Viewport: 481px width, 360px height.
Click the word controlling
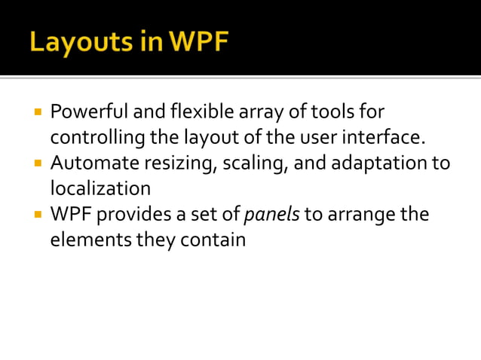click(x=93, y=138)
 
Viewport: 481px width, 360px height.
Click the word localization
click(x=100, y=188)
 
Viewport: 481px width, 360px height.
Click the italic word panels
click(x=271, y=215)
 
